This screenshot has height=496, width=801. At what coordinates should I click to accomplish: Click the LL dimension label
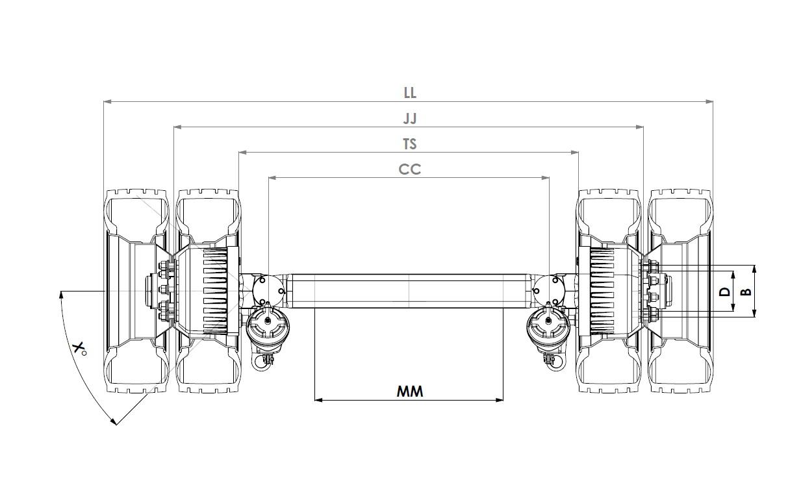(410, 93)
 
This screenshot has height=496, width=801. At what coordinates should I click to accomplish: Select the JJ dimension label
(410, 119)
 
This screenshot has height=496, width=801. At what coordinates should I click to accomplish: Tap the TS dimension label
(410, 144)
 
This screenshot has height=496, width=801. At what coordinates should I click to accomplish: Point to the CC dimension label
(410, 169)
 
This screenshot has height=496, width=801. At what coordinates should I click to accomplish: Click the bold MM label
(410, 391)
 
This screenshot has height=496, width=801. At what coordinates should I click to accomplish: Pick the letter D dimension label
(724, 291)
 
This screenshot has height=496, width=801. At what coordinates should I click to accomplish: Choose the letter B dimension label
(746, 291)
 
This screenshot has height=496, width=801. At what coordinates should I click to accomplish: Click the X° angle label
(79, 349)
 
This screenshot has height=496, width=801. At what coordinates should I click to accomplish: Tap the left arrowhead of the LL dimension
(107, 102)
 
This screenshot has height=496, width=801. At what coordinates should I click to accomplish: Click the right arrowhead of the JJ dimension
(640, 127)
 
